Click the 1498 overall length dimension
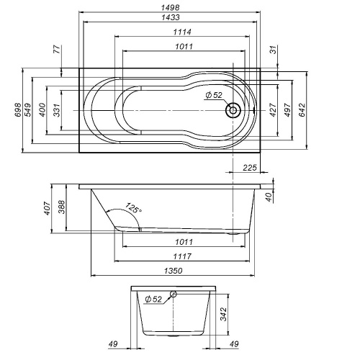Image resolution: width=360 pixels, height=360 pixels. point(171,8)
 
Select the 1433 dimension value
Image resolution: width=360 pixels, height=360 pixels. point(171,17)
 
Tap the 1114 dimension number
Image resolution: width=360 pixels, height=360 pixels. point(171,32)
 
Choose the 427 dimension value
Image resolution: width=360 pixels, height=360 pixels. point(274,110)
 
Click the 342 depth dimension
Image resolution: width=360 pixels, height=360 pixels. point(224,315)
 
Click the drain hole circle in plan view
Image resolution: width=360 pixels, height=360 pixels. point(233,111)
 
